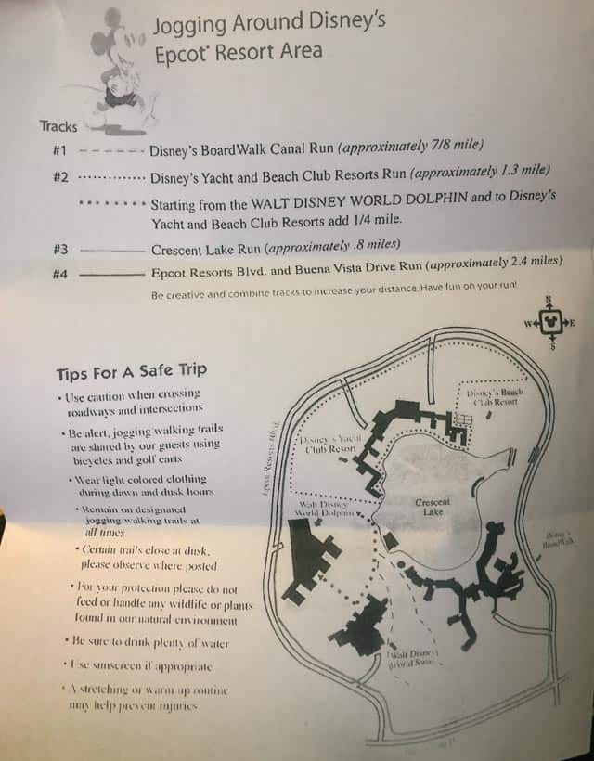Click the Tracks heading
point(58,126)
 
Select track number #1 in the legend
point(60,149)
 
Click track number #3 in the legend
point(60,250)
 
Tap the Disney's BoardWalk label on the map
point(560,538)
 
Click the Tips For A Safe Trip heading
point(131,373)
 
